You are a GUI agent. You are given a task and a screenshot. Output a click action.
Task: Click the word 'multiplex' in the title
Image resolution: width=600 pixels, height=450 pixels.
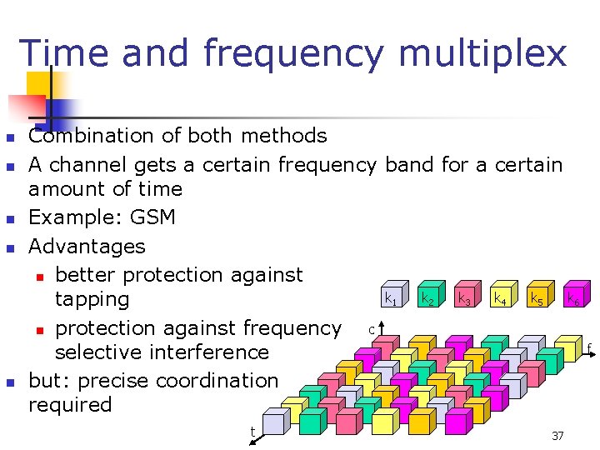click(482, 53)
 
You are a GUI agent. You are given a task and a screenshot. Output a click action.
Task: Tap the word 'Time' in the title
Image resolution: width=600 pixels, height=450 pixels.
click(64, 53)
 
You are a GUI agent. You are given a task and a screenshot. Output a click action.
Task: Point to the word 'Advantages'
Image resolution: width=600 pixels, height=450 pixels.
click(87, 247)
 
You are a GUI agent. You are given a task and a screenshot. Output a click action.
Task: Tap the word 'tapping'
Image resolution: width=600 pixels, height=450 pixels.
click(92, 299)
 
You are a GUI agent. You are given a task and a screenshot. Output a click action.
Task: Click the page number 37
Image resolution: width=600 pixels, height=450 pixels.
click(557, 436)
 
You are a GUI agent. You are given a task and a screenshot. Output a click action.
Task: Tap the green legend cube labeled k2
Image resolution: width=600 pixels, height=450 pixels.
click(427, 296)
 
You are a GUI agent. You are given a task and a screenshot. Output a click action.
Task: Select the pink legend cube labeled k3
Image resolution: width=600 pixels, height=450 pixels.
click(464, 296)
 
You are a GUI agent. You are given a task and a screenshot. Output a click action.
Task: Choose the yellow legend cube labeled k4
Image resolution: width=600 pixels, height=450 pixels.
click(501, 296)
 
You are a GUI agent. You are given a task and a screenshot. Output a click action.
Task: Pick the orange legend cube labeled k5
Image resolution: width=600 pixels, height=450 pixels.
click(537, 296)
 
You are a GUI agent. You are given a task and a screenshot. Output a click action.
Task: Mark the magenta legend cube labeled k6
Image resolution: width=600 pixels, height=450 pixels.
click(574, 296)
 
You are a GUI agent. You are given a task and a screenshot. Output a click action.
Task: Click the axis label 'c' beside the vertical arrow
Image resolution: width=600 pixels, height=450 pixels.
click(372, 330)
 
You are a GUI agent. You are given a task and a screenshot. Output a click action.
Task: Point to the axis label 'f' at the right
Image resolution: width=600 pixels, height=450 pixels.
click(588, 347)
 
